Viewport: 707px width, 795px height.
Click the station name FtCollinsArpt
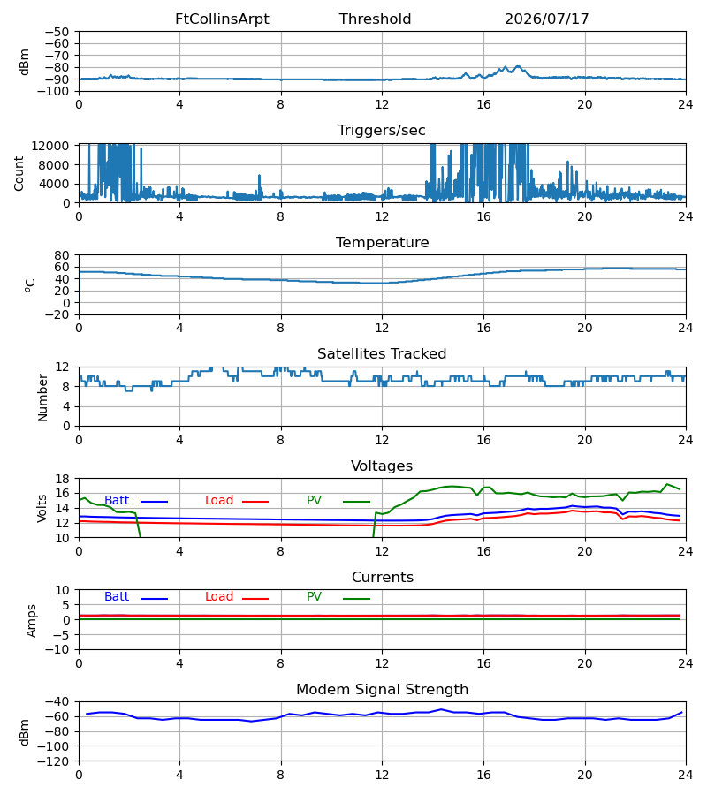click(x=222, y=19)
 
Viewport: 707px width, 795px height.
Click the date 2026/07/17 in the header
click(x=546, y=19)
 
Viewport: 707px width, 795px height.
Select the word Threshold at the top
click(x=375, y=19)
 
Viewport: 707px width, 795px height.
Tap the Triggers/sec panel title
click(x=382, y=131)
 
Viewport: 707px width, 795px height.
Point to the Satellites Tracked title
click(x=382, y=354)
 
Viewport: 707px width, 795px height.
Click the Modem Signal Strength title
click(x=382, y=690)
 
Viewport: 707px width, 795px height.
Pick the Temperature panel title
click(x=382, y=242)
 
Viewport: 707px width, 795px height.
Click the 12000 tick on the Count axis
click(x=50, y=146)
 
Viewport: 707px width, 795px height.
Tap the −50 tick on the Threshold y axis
click(x=57, y=32)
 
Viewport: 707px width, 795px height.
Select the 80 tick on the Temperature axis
click(x=62, y=255)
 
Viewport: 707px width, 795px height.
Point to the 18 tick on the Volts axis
click(x=62, y=479)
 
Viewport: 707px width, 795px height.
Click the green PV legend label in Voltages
click(x=314, y=501)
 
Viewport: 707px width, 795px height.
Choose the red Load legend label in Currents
click(x=219, y=597)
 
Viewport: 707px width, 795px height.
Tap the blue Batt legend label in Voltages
click(x=117, y=501)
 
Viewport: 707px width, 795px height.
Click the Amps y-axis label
click(x=32, y=620)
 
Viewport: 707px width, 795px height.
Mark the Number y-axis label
click(x=42, y=397)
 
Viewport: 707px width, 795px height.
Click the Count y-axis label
click(x=19, y=173)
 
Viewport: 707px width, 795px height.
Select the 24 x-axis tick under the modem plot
click(x=686, y=775)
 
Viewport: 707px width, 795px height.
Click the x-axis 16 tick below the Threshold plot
click(x=483, y=104)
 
